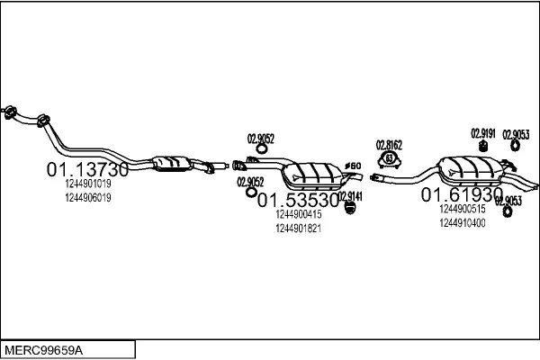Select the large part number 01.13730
87,169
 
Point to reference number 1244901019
88,184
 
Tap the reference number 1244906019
88,198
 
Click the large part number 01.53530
298,200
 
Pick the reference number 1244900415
298,214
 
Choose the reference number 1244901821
298,229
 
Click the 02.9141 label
349,195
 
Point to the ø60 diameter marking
354,165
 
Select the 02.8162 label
389,144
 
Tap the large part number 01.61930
462,194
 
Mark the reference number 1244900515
462,209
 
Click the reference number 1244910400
462,222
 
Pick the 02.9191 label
483,133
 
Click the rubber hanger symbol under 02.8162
390,160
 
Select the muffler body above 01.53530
312,174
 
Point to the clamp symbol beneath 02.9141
350,209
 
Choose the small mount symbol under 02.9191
483,147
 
